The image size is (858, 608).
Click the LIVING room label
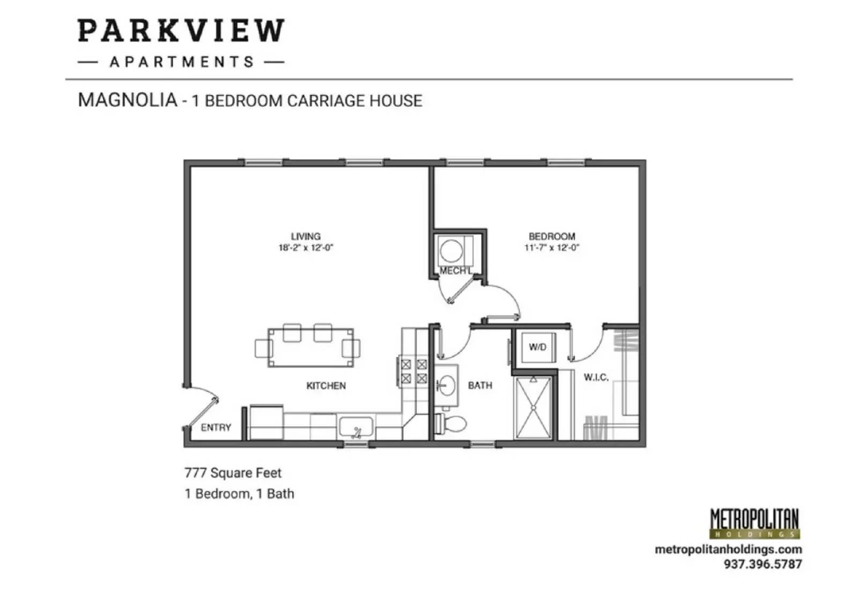coord(306,236)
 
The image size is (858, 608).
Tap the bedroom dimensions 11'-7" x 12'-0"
coord(552,248)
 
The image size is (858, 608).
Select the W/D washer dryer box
coord(538,347)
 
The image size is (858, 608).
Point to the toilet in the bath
coord(452,424)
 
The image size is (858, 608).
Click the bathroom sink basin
coord(447,385)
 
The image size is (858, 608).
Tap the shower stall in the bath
coord(533,407)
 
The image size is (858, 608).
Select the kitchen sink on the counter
coord(356,428)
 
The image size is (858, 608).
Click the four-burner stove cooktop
coord(413,372)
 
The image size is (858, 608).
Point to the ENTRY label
coord(216,427)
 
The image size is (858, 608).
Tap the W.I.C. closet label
coord(596,377)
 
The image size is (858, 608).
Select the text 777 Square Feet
coord(233,473)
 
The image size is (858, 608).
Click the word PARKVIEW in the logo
coord(181,31)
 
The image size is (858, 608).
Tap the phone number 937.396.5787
coord(763,564)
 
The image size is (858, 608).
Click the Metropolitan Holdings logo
coord(754,523)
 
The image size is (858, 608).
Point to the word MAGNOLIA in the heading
coord(128,100)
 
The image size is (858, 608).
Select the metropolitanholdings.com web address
coord(728,550)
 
